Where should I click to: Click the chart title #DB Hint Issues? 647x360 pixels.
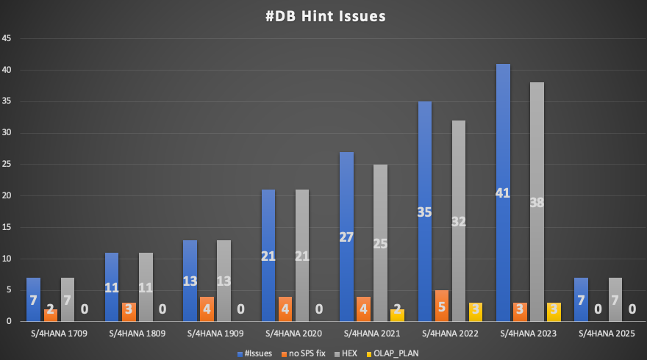pyautogui.click(x=324, y=16)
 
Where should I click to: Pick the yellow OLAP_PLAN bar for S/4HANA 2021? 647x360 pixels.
pyautogui.click(x=397, y=315)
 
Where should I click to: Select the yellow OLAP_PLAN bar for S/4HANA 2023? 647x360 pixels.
pyautogui.click(x=554, y=312)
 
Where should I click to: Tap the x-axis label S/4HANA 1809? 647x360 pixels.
pyautogui.click(x=137, y=334)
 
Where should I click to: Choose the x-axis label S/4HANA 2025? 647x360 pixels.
pyautogui.click(x=607, y=334)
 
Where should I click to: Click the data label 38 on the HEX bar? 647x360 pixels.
pyautogui.click(x=537, y=203)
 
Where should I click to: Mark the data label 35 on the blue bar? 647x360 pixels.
pyautogui.click(x=425, y=212)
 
